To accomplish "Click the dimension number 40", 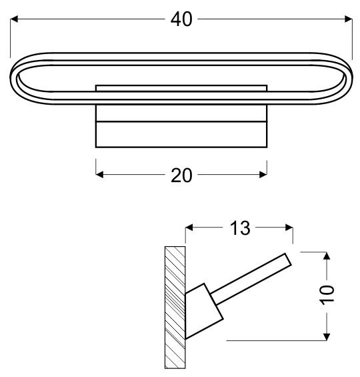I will (x=181, y=19).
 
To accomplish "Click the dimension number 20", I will (x=181, y=175).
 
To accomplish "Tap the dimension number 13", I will (x=240, y=228).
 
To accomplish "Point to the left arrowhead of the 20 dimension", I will (x=101, y=175).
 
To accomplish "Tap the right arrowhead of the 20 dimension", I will (x=263, y=175).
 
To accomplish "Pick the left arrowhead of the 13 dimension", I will (x=189, y=228).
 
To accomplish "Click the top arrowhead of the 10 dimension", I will (x=327, y=256).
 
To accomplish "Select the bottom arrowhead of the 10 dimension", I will (x=327, y=336).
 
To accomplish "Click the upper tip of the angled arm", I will (x=289, y=258).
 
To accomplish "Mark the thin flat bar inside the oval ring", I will (x=181, y=87).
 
